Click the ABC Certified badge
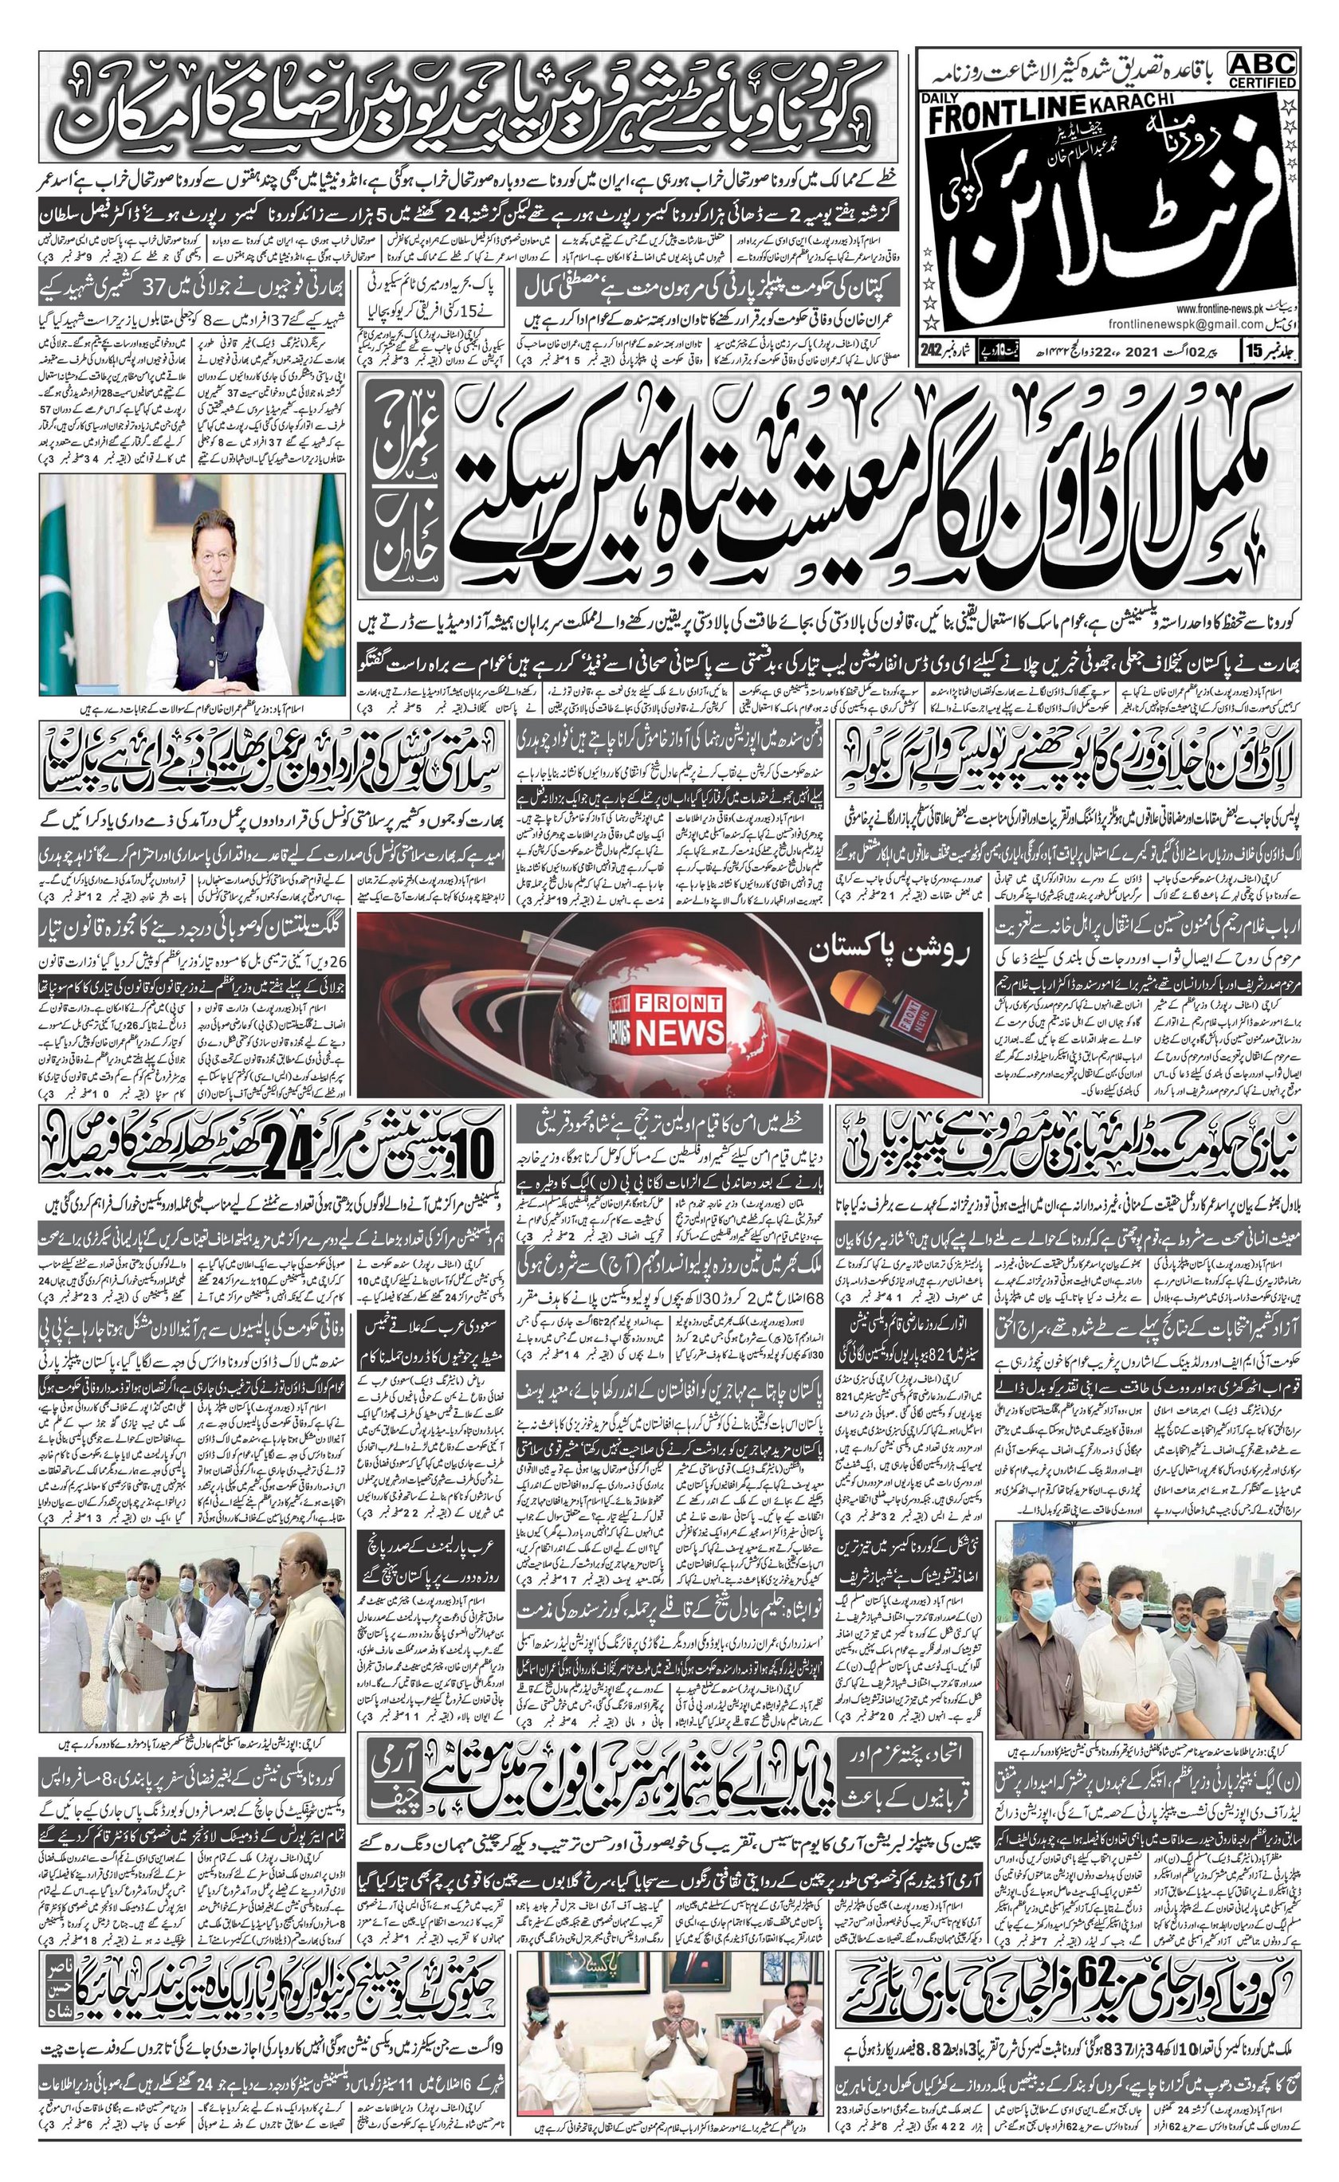pyautogui.click(x=1262, y=69)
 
